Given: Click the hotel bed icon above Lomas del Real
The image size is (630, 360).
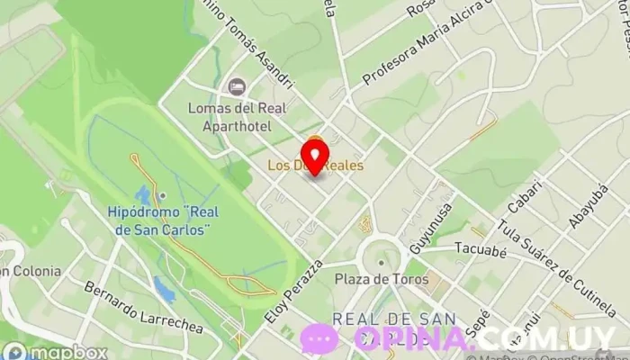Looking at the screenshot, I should [x=237, y=86].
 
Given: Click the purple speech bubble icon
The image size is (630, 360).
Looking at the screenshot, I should [x=320, y=338].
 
